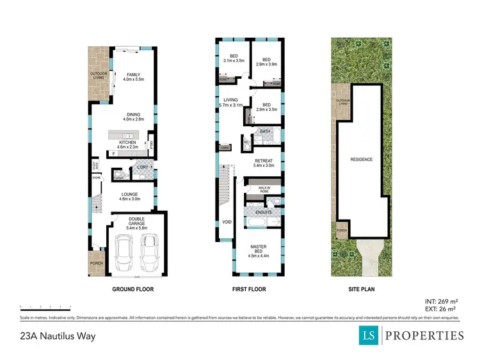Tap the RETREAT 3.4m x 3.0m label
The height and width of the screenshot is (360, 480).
pos(264,163)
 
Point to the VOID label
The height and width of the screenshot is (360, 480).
pos(227,222)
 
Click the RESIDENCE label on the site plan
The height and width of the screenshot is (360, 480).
pos(362,159)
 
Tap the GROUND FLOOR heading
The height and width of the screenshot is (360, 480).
pos(132,290)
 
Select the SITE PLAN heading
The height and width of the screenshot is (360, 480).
pos(362,290)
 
